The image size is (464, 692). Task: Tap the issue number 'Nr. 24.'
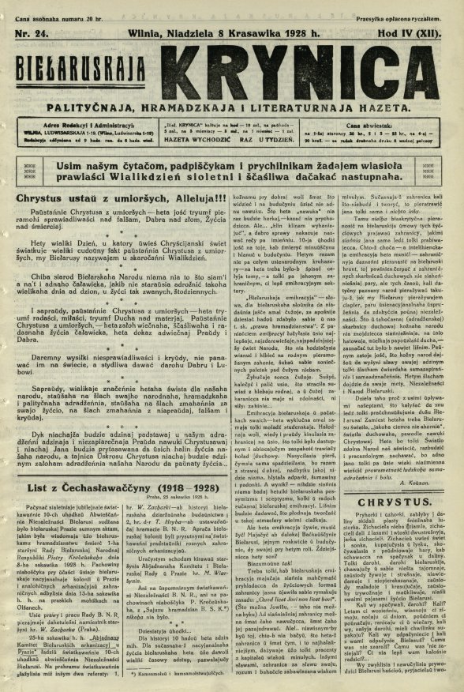[32, 26]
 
